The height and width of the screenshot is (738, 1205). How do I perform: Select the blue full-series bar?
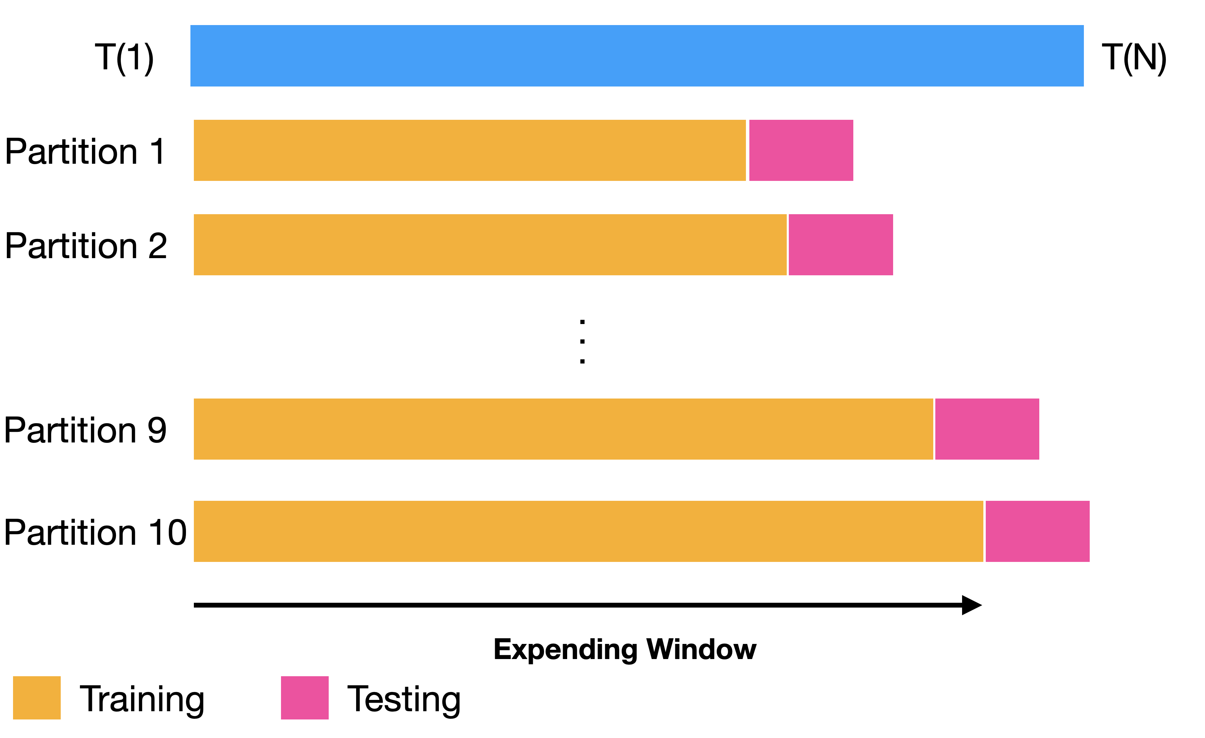[637, 56]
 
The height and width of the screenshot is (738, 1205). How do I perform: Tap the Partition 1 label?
[85, 151]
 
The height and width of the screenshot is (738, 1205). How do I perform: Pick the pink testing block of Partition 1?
[801, 150]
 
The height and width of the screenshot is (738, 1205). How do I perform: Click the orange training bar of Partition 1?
[469, 150]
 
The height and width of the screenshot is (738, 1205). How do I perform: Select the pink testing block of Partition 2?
[841, 245]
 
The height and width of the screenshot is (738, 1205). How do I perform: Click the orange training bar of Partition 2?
[490, 245]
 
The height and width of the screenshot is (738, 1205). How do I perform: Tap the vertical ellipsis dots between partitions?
[582, 342]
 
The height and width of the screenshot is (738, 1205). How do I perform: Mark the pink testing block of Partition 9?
[987, 429]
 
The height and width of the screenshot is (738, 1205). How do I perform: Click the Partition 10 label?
[95, 532]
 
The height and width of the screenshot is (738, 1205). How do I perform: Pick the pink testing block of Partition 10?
[1037, 531]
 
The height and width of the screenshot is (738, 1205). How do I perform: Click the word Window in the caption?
[701, 649]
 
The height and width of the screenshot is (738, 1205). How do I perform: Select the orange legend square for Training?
[37, 698]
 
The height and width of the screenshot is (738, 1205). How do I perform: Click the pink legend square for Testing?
[305, 698]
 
